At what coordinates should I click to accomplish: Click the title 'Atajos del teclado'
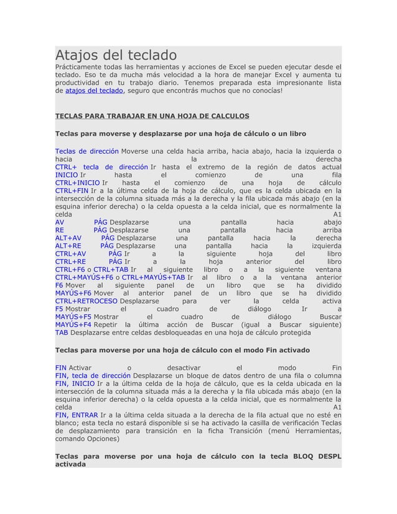[116, 55]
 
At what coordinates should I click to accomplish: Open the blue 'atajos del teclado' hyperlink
[94, 91]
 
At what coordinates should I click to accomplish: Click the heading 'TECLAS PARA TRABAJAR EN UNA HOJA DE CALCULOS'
[152, 116]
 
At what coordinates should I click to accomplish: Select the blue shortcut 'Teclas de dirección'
[86, 151]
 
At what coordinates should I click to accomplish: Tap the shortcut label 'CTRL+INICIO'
[77, 183]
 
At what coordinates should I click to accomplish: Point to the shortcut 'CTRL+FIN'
[72, 191]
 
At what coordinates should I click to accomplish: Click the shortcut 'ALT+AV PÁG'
[85, 238]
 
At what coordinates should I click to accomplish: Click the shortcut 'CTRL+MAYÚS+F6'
[84, 278]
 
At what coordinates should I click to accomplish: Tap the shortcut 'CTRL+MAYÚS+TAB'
[153, 278]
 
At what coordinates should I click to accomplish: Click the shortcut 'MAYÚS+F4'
[73, 325]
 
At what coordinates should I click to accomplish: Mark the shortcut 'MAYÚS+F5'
[73, 317]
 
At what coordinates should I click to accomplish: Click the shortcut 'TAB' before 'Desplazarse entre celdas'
[61, 333]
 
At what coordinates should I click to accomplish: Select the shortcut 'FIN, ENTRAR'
[76, 415]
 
